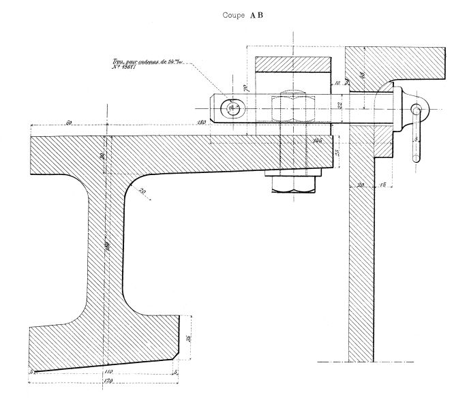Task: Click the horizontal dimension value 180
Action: (200, 123)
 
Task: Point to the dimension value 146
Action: (317, 140)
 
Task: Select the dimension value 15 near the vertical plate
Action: (384, 185)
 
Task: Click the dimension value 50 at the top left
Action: (70, 122)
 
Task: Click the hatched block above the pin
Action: (293, 71)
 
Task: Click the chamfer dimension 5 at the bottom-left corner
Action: (32, 371)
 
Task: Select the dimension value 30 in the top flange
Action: (103, 156)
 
